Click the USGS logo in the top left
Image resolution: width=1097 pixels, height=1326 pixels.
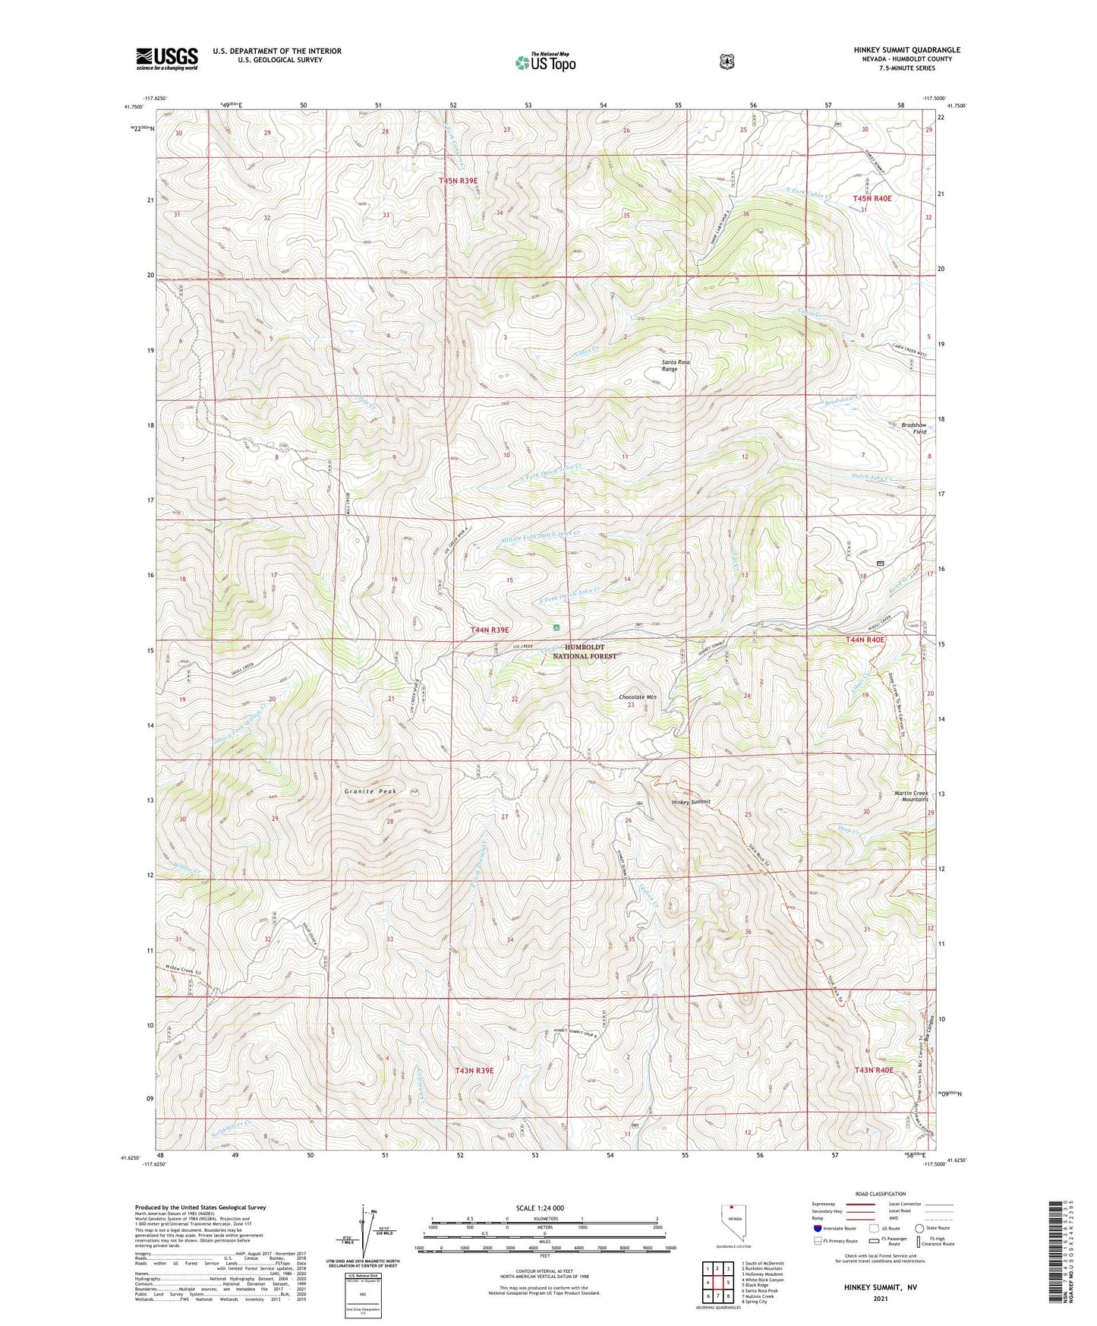coord(167,58)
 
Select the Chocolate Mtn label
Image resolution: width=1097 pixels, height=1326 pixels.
coord(638,696)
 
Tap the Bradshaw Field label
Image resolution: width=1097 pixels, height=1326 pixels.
coord(913,428)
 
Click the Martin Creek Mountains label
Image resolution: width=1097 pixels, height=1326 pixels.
coord(910,796)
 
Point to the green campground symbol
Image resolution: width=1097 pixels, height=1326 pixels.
coord(556,628)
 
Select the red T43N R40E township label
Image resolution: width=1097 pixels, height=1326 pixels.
coord(873,1070)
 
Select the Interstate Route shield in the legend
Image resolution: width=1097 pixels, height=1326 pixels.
coord(817,1228)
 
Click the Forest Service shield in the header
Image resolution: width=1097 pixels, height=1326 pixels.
coord(727,62)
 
